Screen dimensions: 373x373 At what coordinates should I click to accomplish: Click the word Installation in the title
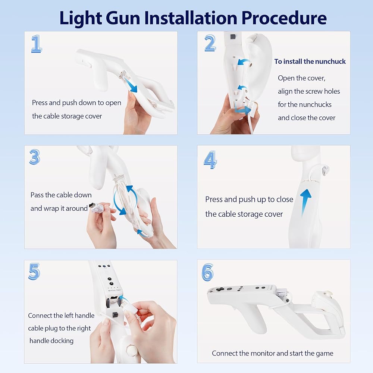coord(191,18)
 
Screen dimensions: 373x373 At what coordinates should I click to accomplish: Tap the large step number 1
coord(37,44)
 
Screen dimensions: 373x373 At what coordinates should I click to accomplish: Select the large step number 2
coord(210,43)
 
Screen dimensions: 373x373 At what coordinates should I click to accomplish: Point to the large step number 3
coord(35,157)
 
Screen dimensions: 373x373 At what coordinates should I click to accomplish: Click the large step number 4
coord(210,160)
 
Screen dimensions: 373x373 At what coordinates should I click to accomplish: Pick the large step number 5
coord(34,272)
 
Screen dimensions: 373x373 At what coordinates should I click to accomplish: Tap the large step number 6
coord(207,272)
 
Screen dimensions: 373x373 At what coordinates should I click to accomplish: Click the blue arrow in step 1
coord(130,85)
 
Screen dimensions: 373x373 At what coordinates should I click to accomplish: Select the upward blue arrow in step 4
coord(305,202)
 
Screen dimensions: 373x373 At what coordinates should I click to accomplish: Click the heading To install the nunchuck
coord(310,62)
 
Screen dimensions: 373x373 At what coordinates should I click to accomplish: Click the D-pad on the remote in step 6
coord(220,289)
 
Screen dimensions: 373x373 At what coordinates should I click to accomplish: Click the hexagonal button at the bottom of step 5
coord(131,350)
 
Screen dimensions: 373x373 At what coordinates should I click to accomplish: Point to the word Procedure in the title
coord(284,18)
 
